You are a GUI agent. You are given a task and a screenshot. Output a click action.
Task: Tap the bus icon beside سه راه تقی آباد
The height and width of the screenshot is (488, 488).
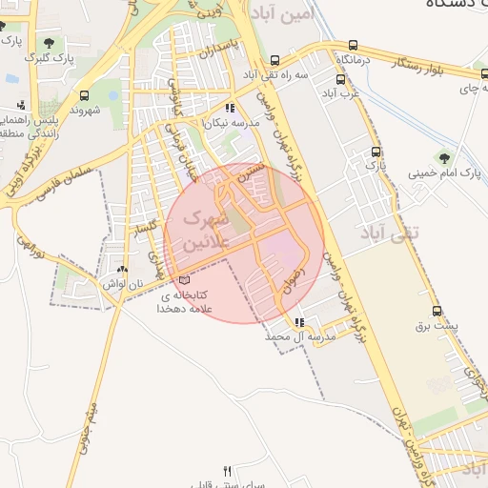click(x=275, y=59)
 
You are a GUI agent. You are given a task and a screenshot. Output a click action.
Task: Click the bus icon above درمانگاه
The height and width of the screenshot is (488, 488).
click(x=354, y=45)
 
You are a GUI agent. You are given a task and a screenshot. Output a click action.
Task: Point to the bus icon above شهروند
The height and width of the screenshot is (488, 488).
click(x=85, y=95)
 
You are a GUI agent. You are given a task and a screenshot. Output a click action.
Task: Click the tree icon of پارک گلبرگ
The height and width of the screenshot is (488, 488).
click(x=49, y=43)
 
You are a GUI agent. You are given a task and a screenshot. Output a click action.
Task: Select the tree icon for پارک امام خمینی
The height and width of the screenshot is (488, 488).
click(x=442, y=158)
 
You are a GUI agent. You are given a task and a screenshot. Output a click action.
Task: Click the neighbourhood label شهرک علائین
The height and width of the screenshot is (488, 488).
click(x=199, y=232)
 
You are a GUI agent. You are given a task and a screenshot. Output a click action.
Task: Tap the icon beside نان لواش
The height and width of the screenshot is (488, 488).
click(x=122, y=270)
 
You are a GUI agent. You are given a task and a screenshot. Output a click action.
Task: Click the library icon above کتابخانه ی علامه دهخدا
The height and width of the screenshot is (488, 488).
click(x=184, y=280)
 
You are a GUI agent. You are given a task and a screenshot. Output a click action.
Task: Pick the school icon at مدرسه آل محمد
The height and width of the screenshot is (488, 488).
click(x=300, y=322)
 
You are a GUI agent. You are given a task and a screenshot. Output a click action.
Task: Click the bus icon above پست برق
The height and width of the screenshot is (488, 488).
click(x=437, y=311)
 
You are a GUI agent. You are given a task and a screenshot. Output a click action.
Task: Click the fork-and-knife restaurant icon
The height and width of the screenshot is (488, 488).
click(x=227, y=471)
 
